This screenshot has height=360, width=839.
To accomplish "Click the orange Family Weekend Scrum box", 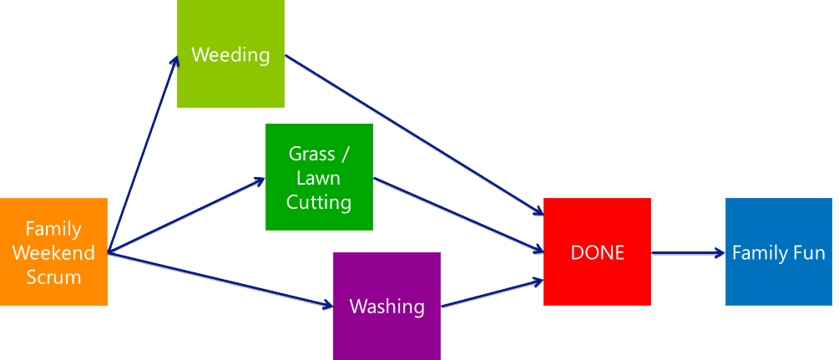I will (x=53, y=251).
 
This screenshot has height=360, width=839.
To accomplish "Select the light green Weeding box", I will (x=230, y=54).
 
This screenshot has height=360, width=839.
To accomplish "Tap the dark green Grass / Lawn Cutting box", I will (x=319, y=176).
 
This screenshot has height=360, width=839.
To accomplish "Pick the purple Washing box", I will (x=387, y=306).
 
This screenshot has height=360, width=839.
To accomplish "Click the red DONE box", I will (x=597, y=251).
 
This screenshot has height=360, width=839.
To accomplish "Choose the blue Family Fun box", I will (x=778, y=251).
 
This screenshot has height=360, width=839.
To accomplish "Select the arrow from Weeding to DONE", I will (x=413, y=133).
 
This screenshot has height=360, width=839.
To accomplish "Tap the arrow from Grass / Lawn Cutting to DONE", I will (x=455, y=214).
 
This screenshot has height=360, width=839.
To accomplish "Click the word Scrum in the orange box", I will (x=53, y=276).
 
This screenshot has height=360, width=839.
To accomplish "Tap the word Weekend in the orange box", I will (x=53, y=252).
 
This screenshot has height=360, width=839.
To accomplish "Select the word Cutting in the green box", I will (x=319, y=202).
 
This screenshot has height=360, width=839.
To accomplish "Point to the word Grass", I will (x=306, y=154).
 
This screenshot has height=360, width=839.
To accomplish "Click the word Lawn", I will (x=319, y=178).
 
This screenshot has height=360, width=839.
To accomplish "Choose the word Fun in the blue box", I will (x=807, y=252).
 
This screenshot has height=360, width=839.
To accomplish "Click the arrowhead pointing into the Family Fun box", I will (x=719, y=252).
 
